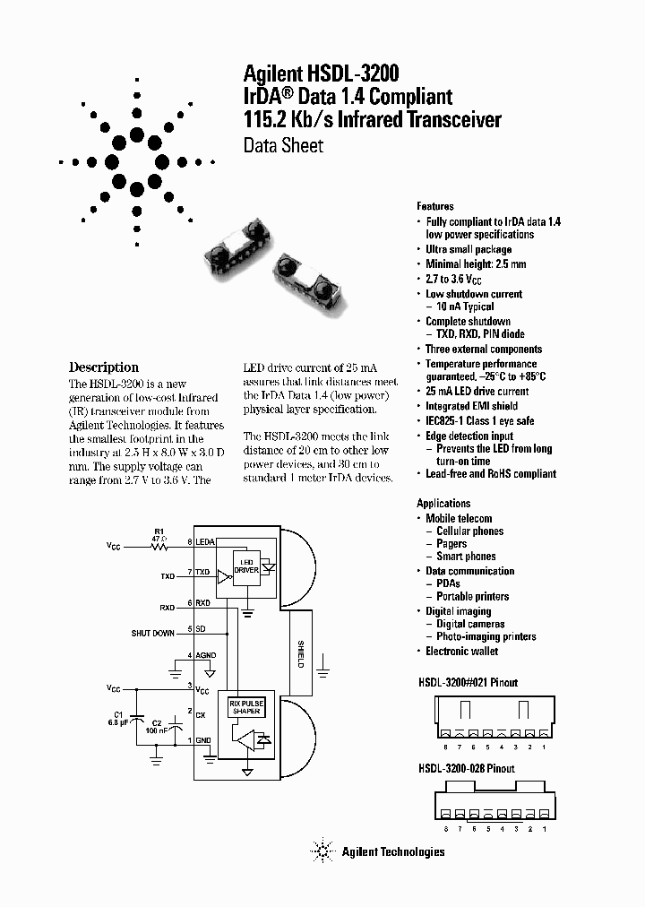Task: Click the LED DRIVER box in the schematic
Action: coord(245,566)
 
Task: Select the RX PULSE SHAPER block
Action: coord(246,707)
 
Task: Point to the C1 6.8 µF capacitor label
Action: coord(116,717)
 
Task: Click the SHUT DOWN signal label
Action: coord(152,633)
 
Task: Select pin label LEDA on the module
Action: coord(204,542)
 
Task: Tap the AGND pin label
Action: coord(205,655)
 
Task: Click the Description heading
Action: coord(104,367)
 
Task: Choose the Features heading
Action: coord(435,206)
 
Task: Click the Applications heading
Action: coord(443,504)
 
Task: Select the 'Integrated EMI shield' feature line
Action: coord(471,407)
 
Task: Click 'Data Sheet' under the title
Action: coord(283,145)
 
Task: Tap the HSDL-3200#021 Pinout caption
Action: coord(467,682)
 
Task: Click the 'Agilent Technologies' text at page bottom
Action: coord(392,851)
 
